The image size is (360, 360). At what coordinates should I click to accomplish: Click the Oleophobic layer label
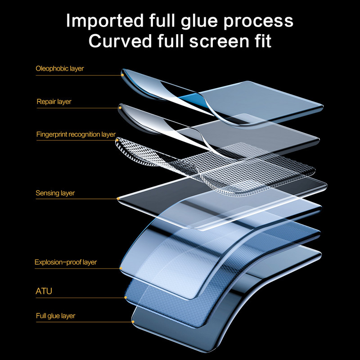pos(60,69)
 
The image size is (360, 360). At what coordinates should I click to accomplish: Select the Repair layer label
pos(54,102)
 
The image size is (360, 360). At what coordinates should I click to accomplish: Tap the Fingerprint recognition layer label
pos(76,135)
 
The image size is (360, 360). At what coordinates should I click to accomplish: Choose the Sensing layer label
pos(55,193)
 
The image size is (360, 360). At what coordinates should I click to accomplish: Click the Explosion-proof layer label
pos(66,262)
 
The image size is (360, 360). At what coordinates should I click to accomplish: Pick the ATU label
pos(44,291)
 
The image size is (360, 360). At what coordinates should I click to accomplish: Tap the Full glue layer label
pos(55,316)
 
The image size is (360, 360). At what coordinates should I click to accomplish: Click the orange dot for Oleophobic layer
pos(122,75)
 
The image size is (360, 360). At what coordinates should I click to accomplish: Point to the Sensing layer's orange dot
pos(118,198)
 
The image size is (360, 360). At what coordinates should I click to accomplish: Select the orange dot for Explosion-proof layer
pos(121,268)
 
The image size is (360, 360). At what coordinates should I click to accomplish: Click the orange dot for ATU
pos(125,297)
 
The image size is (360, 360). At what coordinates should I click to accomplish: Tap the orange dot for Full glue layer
pos(133,321)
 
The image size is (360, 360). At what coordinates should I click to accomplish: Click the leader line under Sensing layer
pos(76,199)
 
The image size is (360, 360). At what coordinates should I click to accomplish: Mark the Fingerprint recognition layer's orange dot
pos(117,140)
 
